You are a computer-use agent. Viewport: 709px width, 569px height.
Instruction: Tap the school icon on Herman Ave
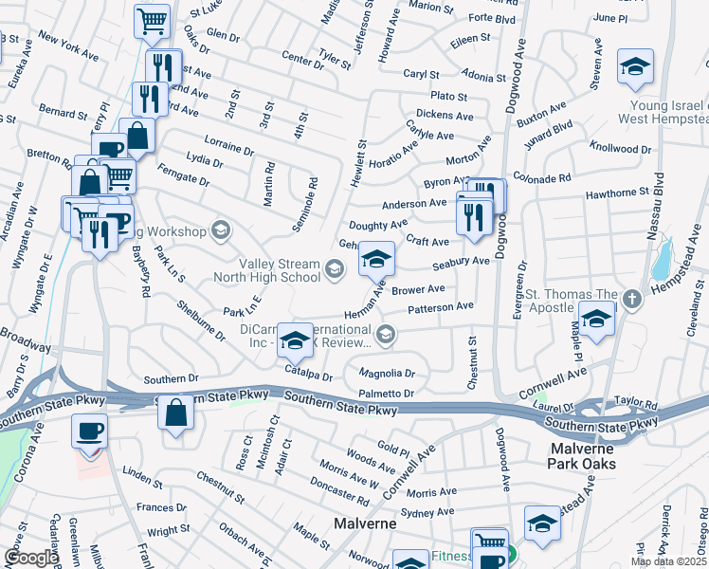click(x=376, y=258)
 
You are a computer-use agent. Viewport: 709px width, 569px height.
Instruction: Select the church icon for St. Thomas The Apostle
click(x=632, y=300)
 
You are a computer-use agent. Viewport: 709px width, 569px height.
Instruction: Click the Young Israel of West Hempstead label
click(x=664, y=112)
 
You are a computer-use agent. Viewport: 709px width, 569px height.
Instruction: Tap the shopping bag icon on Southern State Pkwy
click(x=175, y=413)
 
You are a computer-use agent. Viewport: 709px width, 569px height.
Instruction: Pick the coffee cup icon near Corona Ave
click(x=90, y=432)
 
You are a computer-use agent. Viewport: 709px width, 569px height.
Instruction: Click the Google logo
click(x=30, y=558)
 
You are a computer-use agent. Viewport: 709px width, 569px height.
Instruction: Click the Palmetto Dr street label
click(x=386, y=393)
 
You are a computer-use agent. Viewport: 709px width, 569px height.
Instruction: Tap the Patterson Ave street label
click(x=440, y=307)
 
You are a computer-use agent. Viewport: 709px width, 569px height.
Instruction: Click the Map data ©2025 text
click(x=668, y=561)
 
